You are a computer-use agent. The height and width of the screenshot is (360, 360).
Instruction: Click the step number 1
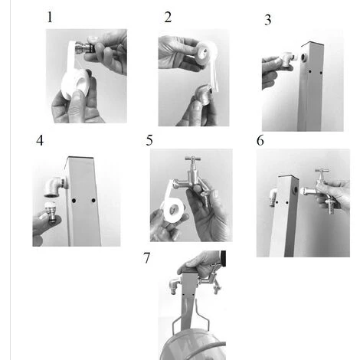point(50,17)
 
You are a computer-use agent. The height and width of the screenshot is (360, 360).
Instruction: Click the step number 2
point(168,17)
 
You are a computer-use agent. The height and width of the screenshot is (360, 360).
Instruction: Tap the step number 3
point(267,20)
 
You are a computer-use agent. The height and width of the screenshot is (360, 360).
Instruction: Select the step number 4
point(40,140)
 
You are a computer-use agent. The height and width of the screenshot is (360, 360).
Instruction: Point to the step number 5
point(149,140)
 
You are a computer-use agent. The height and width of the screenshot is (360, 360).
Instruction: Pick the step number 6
point(260,140)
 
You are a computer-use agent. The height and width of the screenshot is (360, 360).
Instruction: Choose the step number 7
point(146,258)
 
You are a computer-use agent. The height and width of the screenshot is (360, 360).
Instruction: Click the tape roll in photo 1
point(76,83)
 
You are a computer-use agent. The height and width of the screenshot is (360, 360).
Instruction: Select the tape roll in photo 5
point(174,210)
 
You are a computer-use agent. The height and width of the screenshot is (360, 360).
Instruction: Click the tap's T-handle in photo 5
point(192,159)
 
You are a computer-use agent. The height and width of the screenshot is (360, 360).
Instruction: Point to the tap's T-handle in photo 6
point(322,171)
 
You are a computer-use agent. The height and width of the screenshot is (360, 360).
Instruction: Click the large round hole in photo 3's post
point(304,57)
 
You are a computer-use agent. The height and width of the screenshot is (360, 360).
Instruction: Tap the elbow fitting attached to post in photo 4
point(56,186)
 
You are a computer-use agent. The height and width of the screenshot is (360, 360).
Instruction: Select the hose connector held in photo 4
point(51,212)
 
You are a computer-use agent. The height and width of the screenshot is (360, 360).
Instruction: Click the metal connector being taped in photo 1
point(84,47)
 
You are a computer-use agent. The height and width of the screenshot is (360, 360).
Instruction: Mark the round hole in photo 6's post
point(296,190)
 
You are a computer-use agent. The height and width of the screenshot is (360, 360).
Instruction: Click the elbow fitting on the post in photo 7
point(175,286)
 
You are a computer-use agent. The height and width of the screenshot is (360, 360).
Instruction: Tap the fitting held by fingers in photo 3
point(289,59)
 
